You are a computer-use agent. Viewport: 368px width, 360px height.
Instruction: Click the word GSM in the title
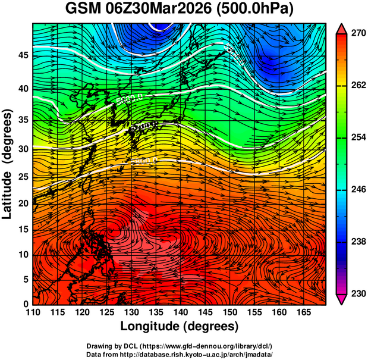(82, 10)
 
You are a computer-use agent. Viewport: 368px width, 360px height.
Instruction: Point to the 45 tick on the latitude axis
(23, 56)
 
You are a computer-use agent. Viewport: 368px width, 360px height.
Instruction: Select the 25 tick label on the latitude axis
(23, 177)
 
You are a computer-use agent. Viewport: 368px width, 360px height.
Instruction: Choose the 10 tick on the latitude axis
(23, 255)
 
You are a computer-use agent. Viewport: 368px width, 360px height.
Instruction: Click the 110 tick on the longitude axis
(33, 313)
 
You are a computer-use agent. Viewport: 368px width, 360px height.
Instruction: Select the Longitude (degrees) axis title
(179, 327)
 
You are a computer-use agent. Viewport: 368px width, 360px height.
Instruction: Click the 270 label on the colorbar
(357, 35)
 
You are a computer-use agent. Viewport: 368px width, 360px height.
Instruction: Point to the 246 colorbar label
(357, 190)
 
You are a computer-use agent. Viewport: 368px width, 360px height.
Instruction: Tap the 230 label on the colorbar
(357, 293)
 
